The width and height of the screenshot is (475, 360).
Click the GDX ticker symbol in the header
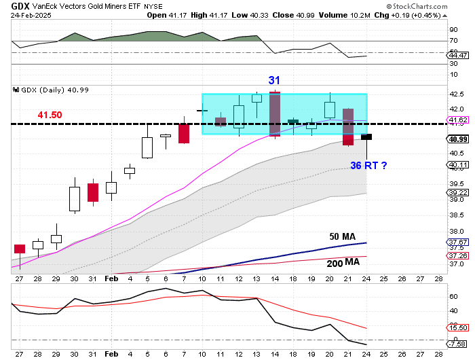coord(18,5)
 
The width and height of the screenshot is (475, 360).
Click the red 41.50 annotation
coord(49,115)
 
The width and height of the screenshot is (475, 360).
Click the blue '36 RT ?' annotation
coord(368,165)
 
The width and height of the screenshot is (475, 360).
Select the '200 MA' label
coord(344,262)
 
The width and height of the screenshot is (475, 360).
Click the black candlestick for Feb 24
coord(367,137)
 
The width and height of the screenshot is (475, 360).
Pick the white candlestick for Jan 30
coord(75,198)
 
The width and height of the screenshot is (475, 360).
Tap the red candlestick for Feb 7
coord(183,133)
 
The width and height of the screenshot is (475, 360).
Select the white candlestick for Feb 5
coord(147,147)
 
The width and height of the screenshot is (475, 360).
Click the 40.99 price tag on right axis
coord(459,140)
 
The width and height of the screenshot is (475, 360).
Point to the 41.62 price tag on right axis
coord(459,121)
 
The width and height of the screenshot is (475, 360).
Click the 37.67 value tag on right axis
coord(459,242)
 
